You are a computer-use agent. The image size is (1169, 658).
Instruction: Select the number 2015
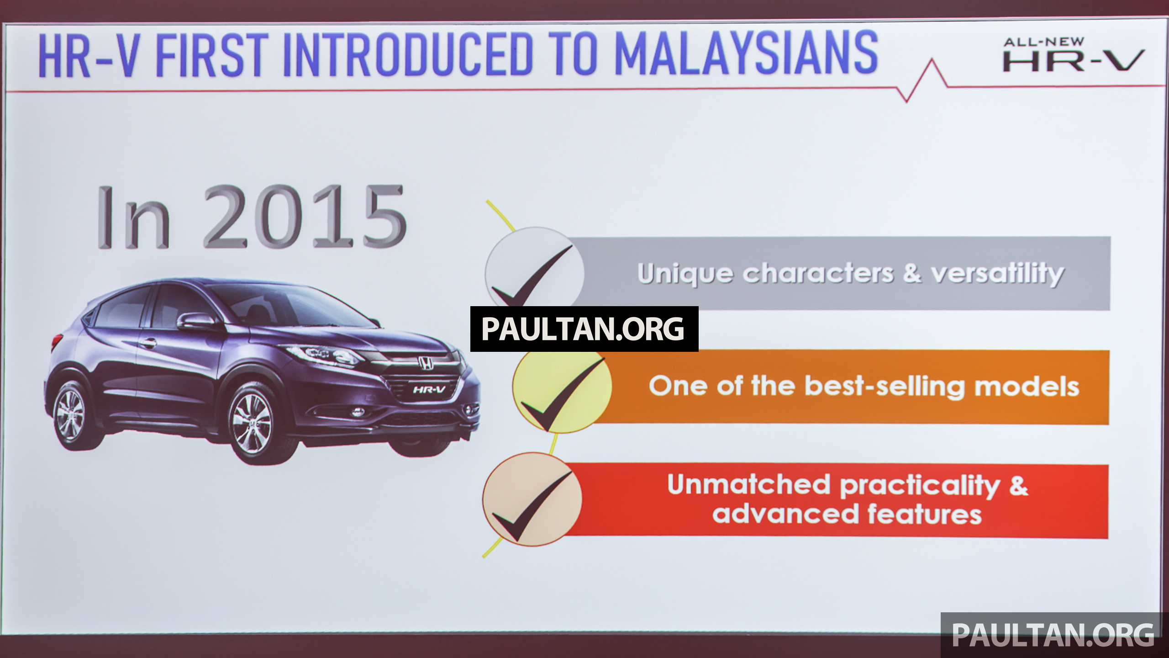coord(305,217)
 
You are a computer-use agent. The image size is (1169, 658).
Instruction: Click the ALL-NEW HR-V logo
coord(1073,54)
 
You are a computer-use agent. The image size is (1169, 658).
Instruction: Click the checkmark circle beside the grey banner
coord(534,270)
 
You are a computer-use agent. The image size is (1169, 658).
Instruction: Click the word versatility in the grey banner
coord(997,274)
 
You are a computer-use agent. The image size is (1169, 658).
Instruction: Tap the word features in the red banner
coord(924,514)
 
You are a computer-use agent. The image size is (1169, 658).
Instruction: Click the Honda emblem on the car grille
coord(426,363)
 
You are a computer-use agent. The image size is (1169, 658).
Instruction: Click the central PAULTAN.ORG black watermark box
coord(584,329)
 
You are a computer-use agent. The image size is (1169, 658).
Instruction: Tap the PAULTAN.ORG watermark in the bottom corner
coord(1053,634)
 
